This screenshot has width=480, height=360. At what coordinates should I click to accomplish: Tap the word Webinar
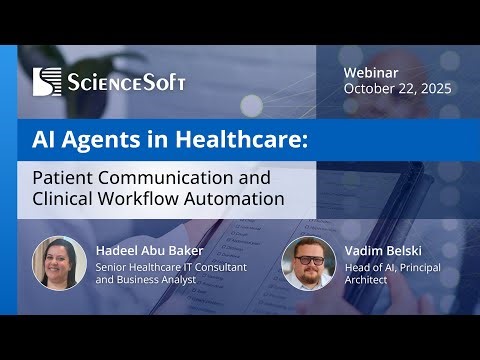(372, 73)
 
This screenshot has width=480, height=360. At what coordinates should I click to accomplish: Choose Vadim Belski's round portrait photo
(308, 263)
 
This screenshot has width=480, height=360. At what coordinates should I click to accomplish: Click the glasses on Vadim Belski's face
(309, 259)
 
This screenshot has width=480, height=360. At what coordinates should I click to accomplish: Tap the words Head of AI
(365, 268)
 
